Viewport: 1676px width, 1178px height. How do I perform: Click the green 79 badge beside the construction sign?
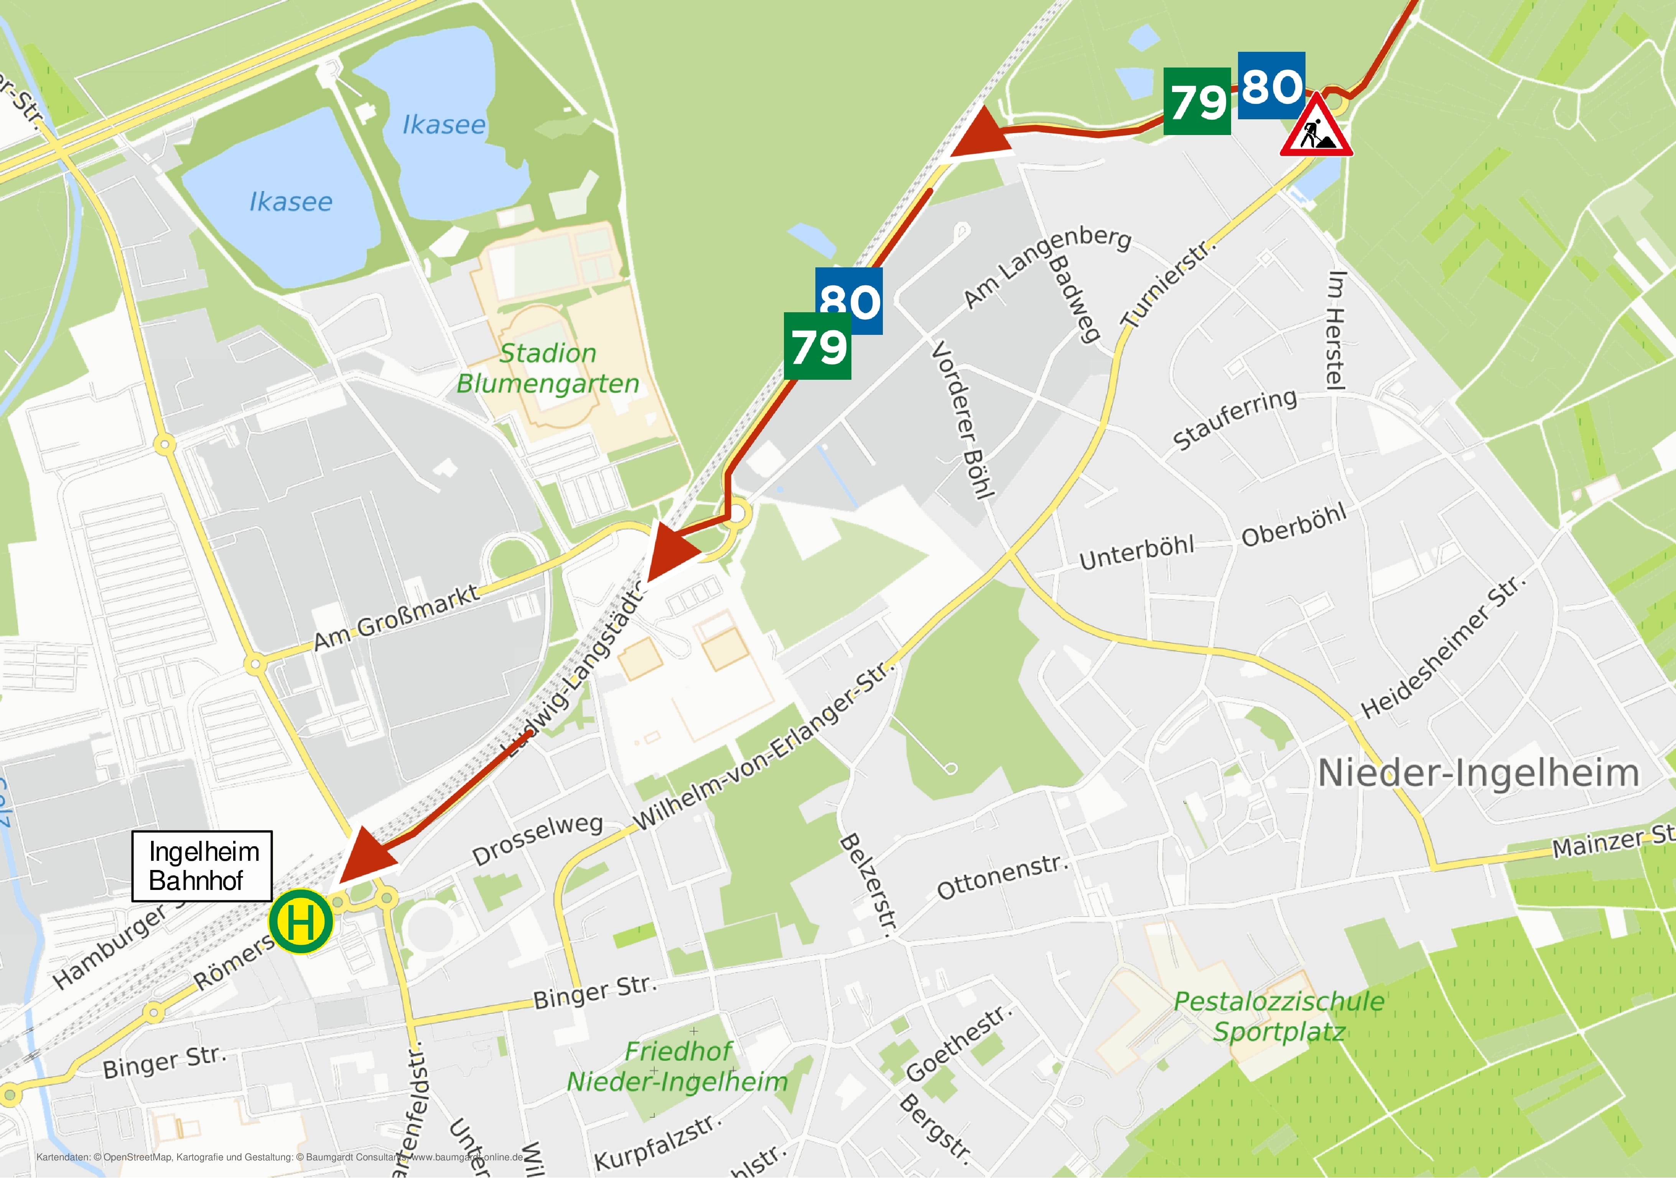pos(1197,101)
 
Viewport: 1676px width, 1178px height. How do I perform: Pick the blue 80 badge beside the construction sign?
pos(1272,86)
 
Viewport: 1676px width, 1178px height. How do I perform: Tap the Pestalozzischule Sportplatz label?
pos(1279,1017)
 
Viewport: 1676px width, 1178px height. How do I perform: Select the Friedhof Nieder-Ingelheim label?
pos(677,1066)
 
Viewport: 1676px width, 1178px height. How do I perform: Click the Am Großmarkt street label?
pos(396,617)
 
